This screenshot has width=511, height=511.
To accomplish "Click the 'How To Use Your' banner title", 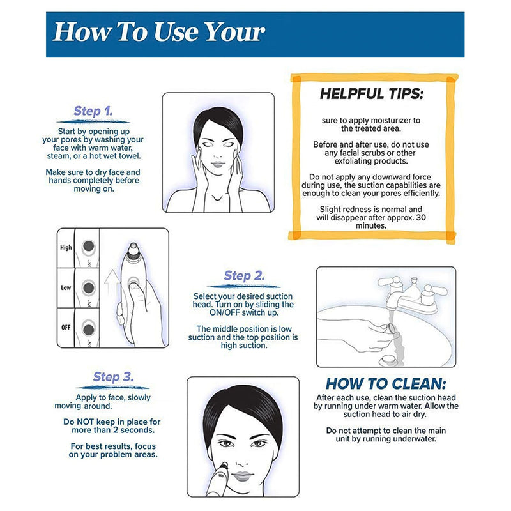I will click(x=158, y=32).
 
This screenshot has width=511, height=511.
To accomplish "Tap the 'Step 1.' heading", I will click(x=93, y=111).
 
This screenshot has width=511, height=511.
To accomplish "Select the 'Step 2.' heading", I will click(x=243, y=276).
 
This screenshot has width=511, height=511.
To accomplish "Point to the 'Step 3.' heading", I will click(x=112, y=377).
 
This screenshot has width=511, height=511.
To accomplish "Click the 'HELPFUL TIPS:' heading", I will click(x=371, y=95).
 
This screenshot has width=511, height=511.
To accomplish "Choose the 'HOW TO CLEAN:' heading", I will click(x=386, y=384).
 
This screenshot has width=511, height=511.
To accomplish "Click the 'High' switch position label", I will click(x=66, y=247).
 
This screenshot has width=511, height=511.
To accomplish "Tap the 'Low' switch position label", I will click(x=66, y=287).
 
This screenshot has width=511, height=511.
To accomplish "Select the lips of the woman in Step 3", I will click(x=242, y=476).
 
